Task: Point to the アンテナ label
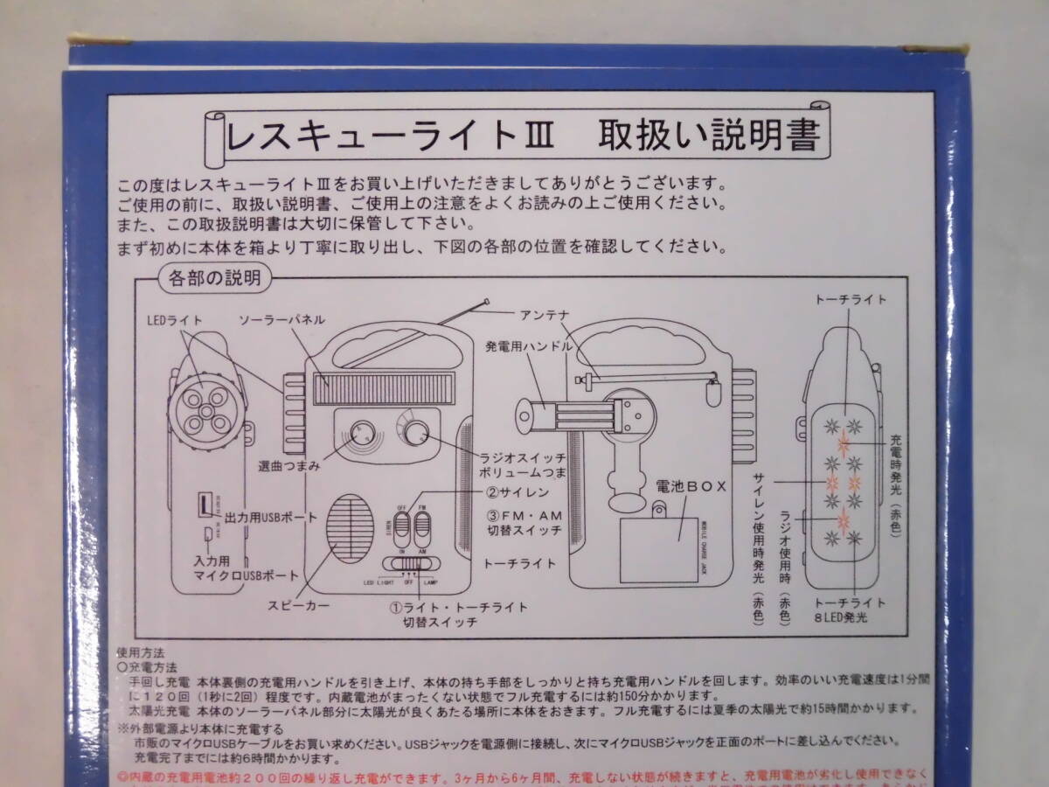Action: [546, 313]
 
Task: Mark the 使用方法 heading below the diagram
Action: [141, 653]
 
